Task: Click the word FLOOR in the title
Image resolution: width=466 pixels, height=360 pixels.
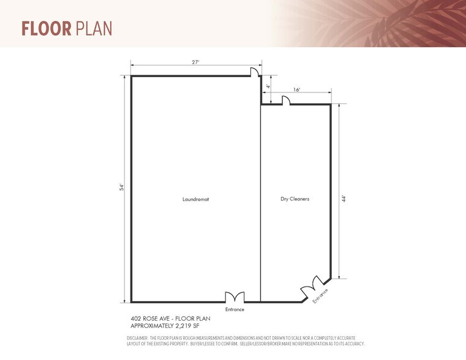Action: click(47, 29)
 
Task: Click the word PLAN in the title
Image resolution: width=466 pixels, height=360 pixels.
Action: click(94, 29)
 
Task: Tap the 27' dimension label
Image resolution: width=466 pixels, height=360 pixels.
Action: click(195, 61)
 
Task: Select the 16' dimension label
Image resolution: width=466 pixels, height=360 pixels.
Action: click(297, 89)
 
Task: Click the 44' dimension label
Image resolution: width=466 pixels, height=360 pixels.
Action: click(344, 198)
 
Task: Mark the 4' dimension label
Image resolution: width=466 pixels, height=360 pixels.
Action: click(268, 87)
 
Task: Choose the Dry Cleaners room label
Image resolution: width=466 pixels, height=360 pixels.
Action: click(295, 199)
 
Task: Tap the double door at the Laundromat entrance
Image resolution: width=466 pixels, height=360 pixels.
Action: click(235, 298)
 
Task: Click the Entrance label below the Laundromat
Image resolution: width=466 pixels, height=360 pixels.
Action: click(235, 310)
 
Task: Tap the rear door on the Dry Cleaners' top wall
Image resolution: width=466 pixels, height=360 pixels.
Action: click(285, 101)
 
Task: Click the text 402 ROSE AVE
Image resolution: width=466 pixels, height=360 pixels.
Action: click(149, 318)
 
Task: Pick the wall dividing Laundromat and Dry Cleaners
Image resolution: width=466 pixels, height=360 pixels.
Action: click(261, 202)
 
